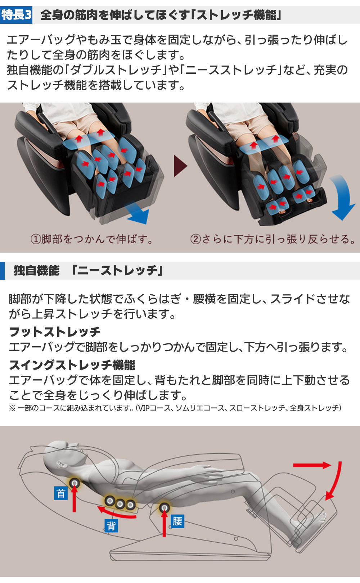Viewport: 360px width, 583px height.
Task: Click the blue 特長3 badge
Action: tap(16, 15)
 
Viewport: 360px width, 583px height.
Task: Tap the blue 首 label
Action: tap(61, 493)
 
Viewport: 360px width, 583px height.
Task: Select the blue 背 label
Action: tap(111, 526)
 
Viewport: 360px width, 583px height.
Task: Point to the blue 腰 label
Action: tap(177, 521)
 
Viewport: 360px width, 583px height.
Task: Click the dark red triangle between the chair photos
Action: tap(180, 166)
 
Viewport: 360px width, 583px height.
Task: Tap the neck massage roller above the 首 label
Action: tap(75, 483)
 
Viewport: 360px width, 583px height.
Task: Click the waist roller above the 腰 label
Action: tap(165, 507)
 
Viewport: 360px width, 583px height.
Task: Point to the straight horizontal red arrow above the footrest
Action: tap(312, 465)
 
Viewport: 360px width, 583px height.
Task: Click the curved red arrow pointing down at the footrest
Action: tap(335, 482)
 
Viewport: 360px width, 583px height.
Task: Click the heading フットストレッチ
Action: tap(54, 331)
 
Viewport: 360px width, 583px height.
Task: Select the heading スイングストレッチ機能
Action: tap(72, 365)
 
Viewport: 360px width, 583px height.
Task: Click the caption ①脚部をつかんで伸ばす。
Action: tap(92, 239)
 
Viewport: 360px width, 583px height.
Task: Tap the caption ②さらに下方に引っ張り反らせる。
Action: tap(273, 239)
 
